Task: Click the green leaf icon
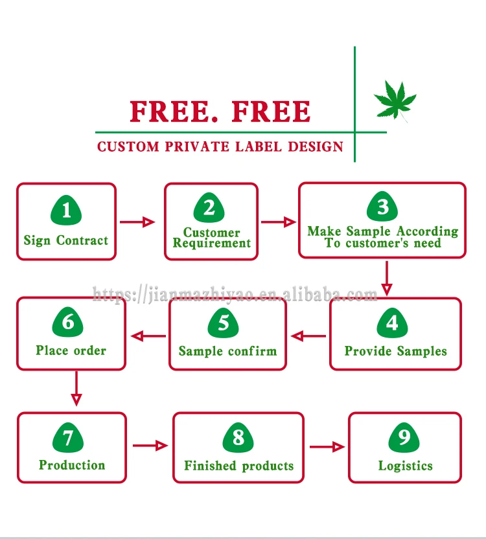395,100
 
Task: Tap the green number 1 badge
66,210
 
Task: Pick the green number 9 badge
404,438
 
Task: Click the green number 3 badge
382,207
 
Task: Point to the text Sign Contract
66,240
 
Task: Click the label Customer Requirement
212,238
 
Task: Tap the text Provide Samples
396,351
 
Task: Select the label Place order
71,350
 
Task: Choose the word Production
72,465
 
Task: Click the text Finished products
238,466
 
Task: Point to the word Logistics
406,466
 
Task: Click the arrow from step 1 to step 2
138,222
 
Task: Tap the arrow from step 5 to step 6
148,336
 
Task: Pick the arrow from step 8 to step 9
327,446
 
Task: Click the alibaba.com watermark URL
235,295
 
